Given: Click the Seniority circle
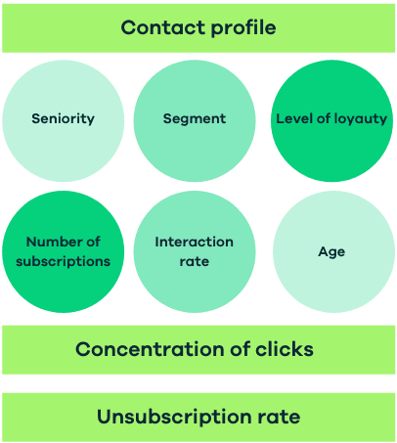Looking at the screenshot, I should (x=64, y=119).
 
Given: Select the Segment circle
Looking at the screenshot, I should (x=194, y=119).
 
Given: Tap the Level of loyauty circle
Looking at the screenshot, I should (x=331, y=119).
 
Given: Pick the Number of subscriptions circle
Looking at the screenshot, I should (x=64, y=251).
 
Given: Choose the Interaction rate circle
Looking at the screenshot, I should (x=194, y=251).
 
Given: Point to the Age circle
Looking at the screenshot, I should (x=331, y=251).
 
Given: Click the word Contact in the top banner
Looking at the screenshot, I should (x=158, y=27).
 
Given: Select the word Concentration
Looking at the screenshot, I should (x=145, y=349).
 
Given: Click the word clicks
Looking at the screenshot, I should (x=284, y=349).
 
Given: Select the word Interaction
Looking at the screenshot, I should (x=194, y=242).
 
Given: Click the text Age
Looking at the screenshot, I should (x=331, y=251).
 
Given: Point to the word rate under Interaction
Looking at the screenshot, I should (x=194, y=261).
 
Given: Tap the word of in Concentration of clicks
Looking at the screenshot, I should (x=236, y=349).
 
